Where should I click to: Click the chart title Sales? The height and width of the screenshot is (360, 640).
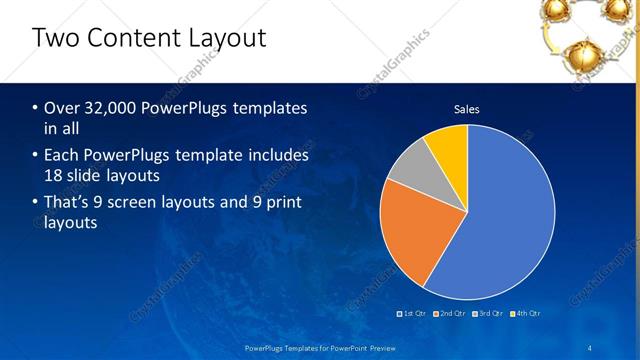coord(467,109)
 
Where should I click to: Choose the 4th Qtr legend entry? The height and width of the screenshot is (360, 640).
coord(526,314)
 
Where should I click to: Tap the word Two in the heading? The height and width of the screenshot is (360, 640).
coord(54,39)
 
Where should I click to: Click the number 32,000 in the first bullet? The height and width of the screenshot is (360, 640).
coord(111,108)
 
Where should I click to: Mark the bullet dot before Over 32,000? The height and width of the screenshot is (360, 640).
coord(36,108)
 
